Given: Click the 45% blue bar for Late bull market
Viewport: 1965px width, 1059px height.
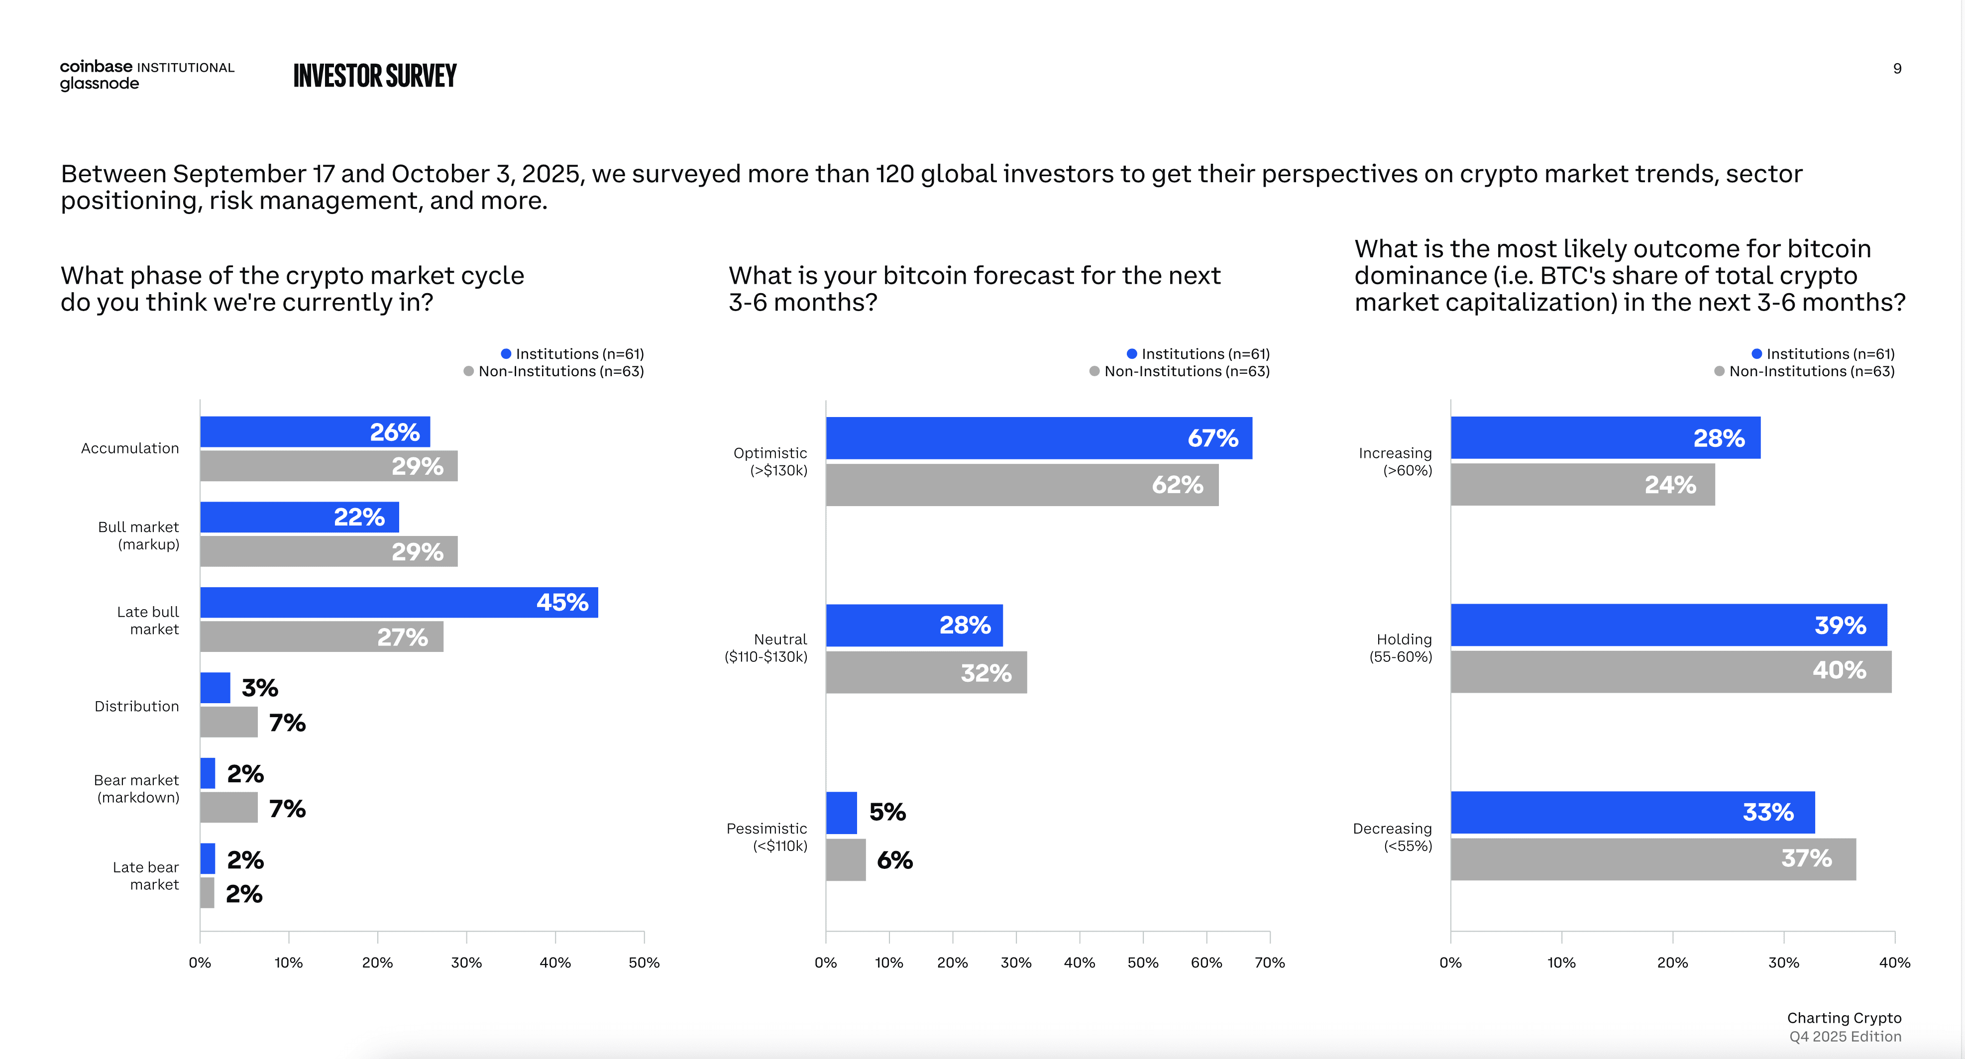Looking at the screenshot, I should click(x=398, y=602).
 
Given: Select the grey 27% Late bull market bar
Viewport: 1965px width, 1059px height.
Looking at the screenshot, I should click(x=321, y=636).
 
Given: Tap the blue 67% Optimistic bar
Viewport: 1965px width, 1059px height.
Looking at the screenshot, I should click(x=1038, y=438).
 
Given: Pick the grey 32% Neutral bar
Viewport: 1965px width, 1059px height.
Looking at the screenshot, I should click(x=926, y=672).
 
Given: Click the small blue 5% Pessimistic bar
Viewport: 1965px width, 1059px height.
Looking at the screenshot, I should click(x=841, y=813).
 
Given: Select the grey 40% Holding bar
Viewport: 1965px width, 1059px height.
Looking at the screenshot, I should click(x=1670, y=671).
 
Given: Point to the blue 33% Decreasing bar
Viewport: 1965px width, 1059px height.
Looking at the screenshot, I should click(x=1633, y=812).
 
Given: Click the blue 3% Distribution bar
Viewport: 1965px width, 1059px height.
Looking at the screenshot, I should click(x=215, y=687).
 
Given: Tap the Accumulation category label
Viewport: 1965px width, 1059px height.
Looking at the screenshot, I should click(x=130, y=448).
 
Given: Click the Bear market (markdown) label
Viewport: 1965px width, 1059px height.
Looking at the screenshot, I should click(x=137, y=788).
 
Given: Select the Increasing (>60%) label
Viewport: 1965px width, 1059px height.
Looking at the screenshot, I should click(x=1395, y=461).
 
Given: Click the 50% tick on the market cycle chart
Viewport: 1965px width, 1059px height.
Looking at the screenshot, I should click(x=644, y=962).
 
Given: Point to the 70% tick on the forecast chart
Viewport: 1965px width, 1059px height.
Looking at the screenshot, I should click(x=1269, y=962).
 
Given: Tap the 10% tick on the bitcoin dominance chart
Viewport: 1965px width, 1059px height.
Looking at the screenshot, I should click(x=1561, y=962).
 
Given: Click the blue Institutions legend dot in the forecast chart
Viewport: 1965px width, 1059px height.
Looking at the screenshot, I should click(x=1132, y=354).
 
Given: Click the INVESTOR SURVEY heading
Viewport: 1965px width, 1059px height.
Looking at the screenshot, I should click(x=375, y=76).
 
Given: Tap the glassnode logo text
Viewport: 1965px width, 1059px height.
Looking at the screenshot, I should click(x=99, y=84).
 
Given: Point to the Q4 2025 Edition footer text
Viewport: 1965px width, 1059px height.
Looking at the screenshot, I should click(x=1845, y=1036).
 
